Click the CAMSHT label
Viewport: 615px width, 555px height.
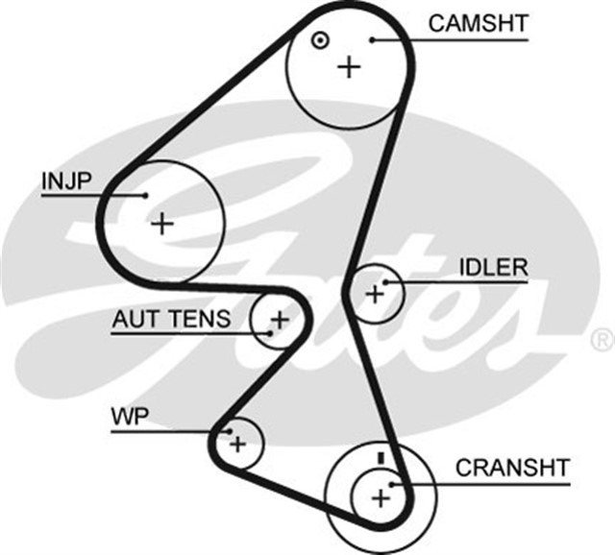(478, 23)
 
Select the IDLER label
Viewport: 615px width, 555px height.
(493, 266)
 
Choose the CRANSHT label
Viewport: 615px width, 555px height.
(512, 468)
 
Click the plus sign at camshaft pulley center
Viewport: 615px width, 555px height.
(349, 66)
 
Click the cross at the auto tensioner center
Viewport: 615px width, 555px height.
(280, 318)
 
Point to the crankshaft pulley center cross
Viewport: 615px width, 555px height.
(381, 497)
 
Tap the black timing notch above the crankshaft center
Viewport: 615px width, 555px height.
(381, 457)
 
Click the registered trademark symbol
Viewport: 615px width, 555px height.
(602, 338)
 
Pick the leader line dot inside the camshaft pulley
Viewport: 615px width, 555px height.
(373, 39)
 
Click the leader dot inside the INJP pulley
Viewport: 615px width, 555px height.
(146, 195)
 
